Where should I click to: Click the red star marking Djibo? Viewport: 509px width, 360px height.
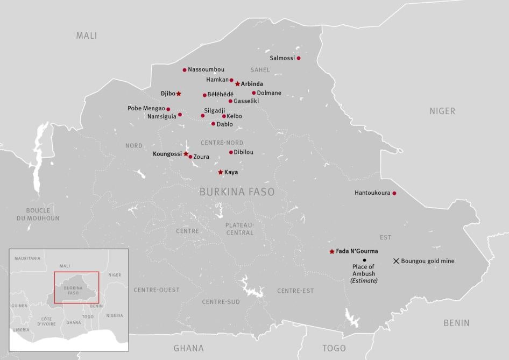[x=179, y=94]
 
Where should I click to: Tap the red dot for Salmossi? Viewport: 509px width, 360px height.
[x=299, y=58]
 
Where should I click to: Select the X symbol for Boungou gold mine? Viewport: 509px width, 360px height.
[x=396, y=261]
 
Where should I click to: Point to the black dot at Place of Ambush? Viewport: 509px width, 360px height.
[x=364, y=260]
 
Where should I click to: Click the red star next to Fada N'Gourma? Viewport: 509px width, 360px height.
[x=331, y=251]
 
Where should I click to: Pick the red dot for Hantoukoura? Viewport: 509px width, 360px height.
[x=394, y=193]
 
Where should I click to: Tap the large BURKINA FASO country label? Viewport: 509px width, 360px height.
[x=237, y=192]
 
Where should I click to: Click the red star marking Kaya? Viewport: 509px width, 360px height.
[x=220, y=172]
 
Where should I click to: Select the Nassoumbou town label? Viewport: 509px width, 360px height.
[x=206, y=69]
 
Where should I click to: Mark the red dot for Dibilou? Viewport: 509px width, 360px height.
[x=231, y=152]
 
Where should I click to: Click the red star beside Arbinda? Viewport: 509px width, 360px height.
[x=237, y=84]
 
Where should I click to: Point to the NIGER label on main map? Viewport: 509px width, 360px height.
[x=442, y=111]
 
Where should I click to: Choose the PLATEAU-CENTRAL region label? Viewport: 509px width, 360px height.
[x=239, y=229]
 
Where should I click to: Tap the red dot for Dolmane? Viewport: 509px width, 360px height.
[x=254, y=93]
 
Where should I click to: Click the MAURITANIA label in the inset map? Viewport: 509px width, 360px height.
[x=27, y=258]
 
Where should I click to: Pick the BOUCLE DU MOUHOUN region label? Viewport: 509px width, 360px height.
[x=38, y=214]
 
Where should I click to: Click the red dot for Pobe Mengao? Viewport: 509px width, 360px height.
[x=168, y=109]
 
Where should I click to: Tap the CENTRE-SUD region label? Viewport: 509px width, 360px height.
[x=221, y=302]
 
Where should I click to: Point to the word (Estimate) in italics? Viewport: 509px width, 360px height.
[x=364, y=280]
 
